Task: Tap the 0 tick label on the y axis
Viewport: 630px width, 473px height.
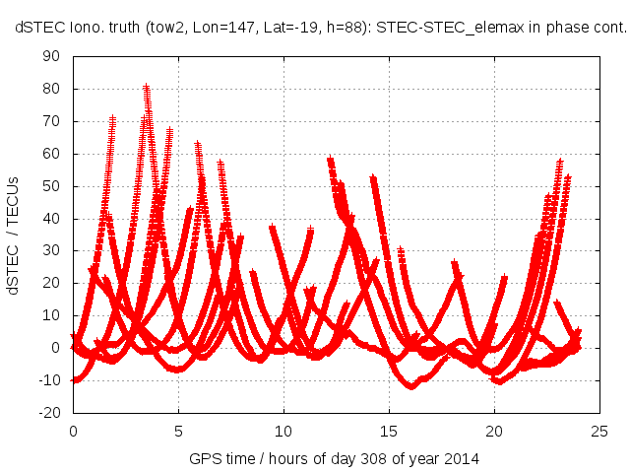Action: pyautogui.click(x=56, y=348)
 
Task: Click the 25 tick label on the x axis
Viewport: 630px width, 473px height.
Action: pyautogui.click(x=599, y=431)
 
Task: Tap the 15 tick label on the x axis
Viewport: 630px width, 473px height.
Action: pyautogui.click(x=389, y=431)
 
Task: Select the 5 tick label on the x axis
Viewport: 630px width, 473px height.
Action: pyautogui.click(x=178, y=431)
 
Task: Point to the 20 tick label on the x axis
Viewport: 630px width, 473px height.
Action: pyautogui.click(x=494, y=431)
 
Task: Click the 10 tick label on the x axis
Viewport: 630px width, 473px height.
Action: pyautogui.click(x=283, y=431)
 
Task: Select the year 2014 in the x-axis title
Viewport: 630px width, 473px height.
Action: pyautogui.click(x=455, y=459)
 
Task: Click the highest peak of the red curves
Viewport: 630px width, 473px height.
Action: pyautogui.click(x=147, y=88)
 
